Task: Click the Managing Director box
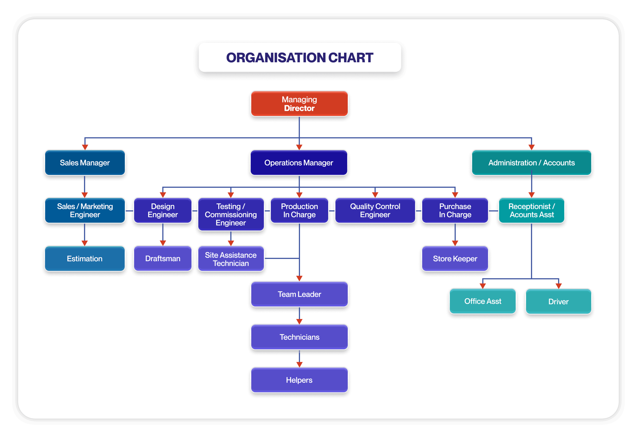[299, 103]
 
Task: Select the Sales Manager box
[85, 163]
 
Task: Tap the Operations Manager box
[299, 163]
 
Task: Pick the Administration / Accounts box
[531, 163]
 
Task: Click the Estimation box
[85, 259]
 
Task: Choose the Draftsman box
[163, 259]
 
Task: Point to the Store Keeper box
[455, 259]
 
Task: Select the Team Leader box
[299, 294]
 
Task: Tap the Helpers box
[299, 380]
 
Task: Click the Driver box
[558, 301]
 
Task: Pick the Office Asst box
[482, 301]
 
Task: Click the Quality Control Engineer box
[375, 210]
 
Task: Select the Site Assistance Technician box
[231, 259]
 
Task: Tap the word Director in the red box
[299, 108]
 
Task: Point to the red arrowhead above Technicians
[299, 321]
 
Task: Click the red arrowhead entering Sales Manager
[85, 147]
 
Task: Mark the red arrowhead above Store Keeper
[455, 243]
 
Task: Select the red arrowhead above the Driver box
[558, 286]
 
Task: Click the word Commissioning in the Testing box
[231, 215]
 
